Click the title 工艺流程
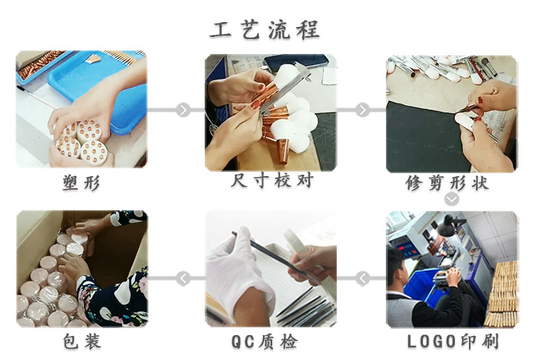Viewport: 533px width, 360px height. [x=264, y=29]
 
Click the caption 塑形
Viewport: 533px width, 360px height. [x=81, y=182]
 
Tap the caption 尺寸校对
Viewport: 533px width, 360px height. [x=271, y=181]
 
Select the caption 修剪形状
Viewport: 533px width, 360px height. [x=451, y=182]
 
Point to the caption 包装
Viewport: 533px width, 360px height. [x=81, y=342]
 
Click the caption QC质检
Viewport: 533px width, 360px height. [x=264, y=342]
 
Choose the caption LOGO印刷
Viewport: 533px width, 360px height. [x=453, y=342]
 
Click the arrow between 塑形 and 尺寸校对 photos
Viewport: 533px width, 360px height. [x=183, y=110]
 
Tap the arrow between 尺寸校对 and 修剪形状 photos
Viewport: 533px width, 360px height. [x=362, y=110]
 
